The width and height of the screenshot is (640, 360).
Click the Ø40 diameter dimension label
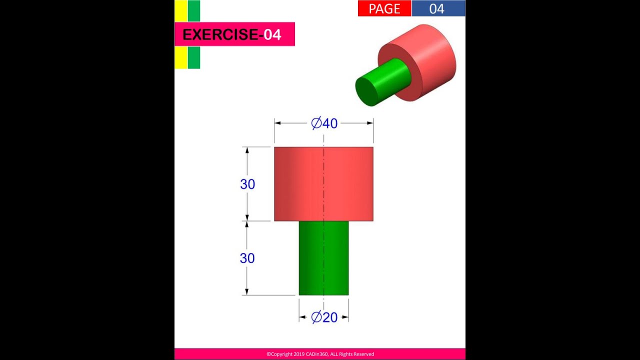tap(324, 123)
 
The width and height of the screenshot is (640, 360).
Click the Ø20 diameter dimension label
tap(324, 317)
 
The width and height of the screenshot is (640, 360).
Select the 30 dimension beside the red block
tap(247, 184)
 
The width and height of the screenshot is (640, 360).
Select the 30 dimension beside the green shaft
tap(247, 258)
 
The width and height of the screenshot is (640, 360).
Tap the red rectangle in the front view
tap(345, 183)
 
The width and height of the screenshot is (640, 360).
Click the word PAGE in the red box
tap(384, 8)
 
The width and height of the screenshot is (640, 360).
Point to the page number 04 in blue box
tap(437, 8)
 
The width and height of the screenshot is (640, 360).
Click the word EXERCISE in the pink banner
tap(220, 34)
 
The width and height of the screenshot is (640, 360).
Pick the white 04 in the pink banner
tap(272, 34)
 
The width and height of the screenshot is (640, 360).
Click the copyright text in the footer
tap(320, 354)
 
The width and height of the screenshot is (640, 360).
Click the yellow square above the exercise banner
tap(181, 11)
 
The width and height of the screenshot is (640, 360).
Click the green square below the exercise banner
tap(194, 57)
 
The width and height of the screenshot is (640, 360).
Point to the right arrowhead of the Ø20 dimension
tap(345, 317)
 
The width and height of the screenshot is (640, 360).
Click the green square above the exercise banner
tap(194, 11)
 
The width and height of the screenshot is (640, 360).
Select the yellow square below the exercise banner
tap(181, 57)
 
